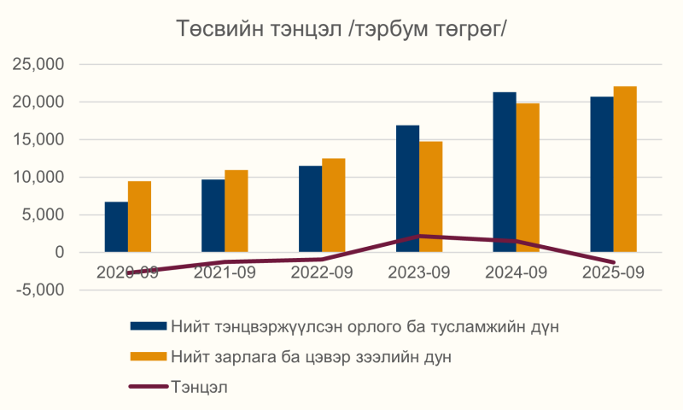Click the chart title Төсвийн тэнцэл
click(x=341, y=28)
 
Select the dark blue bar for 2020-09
click(x=116, y=226)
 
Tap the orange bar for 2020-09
click(x=139, y=216)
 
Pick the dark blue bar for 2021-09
click(x=213, y=215)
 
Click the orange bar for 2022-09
click(x=334, y=205)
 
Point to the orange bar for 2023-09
click(x=430, y=196)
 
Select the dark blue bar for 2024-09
click(x=504, y=172)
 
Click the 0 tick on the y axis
click(x=60, y=253)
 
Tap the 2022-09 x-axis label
click(x=322, y=272)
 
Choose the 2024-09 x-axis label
click(x=516, y=272)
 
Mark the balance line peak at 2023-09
click(x=419, y=236)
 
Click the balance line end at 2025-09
click(x=613, y=262)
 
